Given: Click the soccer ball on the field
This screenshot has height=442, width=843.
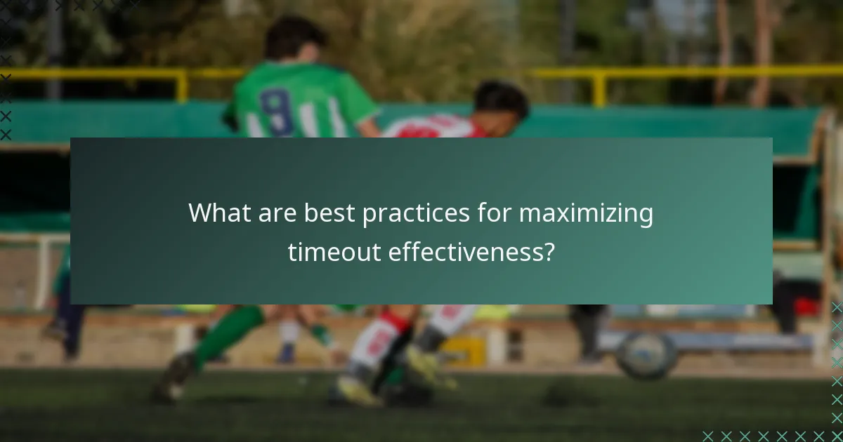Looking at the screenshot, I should tap(647, 355).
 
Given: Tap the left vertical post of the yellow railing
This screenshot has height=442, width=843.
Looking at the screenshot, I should tap(182, 85).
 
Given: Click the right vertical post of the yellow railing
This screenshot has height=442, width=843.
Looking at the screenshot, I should tap(599, 87).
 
